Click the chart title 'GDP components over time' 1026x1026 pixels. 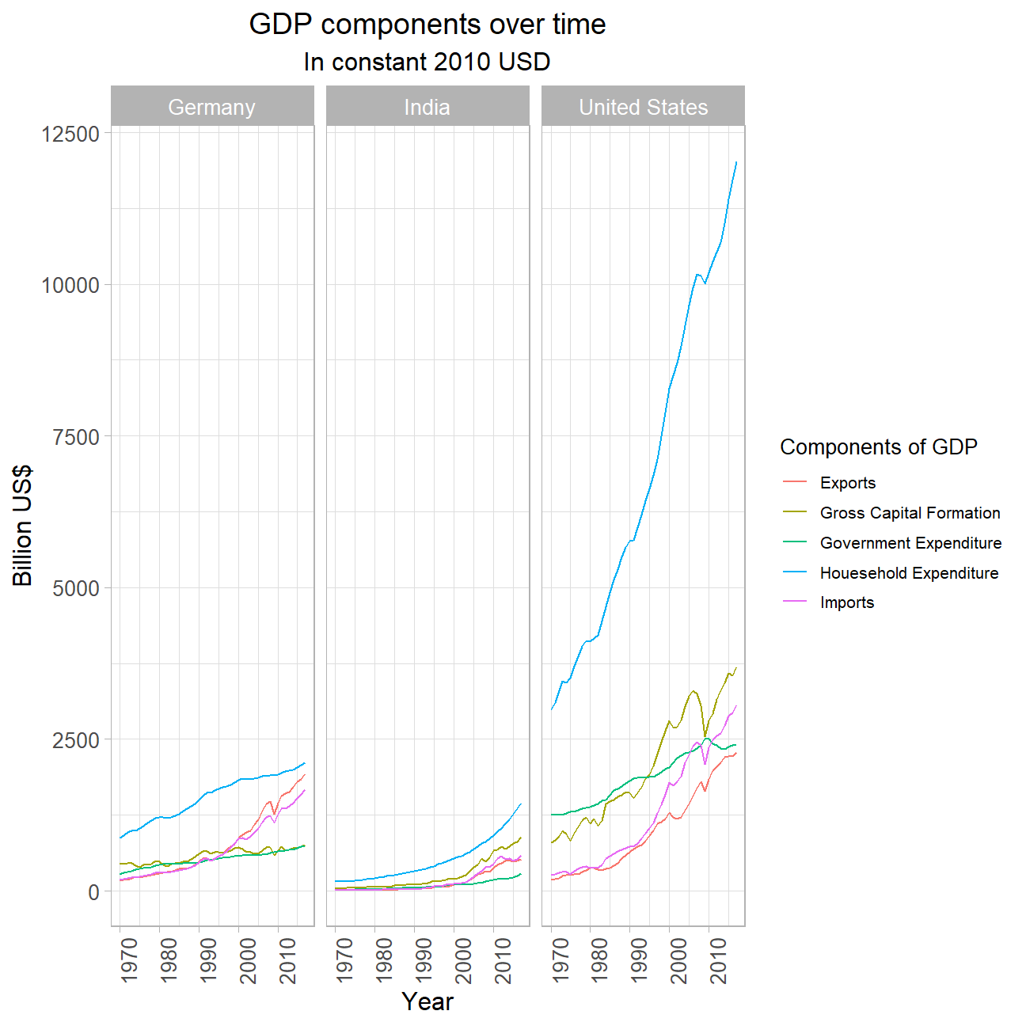click(427, 25)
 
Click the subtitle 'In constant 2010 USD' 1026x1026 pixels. click(427, 62)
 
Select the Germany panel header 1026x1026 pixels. click(212, 107)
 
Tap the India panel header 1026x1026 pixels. click(427, 107)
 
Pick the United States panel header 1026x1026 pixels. click(643, 107)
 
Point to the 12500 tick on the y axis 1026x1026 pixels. click(70, 134)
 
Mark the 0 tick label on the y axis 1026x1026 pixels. click(94, 892)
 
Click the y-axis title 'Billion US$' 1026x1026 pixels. click(24, 526)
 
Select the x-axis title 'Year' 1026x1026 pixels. click(427, 1001)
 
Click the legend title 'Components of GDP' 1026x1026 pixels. click(879, 447)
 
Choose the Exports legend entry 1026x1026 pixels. click(848, 483)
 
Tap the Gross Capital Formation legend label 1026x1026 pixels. click(910, 513)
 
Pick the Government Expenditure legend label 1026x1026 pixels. click(910, 543)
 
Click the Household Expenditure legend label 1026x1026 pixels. click(909, 573)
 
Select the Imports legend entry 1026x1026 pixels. click(847, 602)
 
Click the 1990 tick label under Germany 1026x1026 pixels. click(208, 960)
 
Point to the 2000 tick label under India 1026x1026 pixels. click(463, 960)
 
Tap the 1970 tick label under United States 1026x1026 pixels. click(560, 960)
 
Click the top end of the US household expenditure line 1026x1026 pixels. click(736, 162)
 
